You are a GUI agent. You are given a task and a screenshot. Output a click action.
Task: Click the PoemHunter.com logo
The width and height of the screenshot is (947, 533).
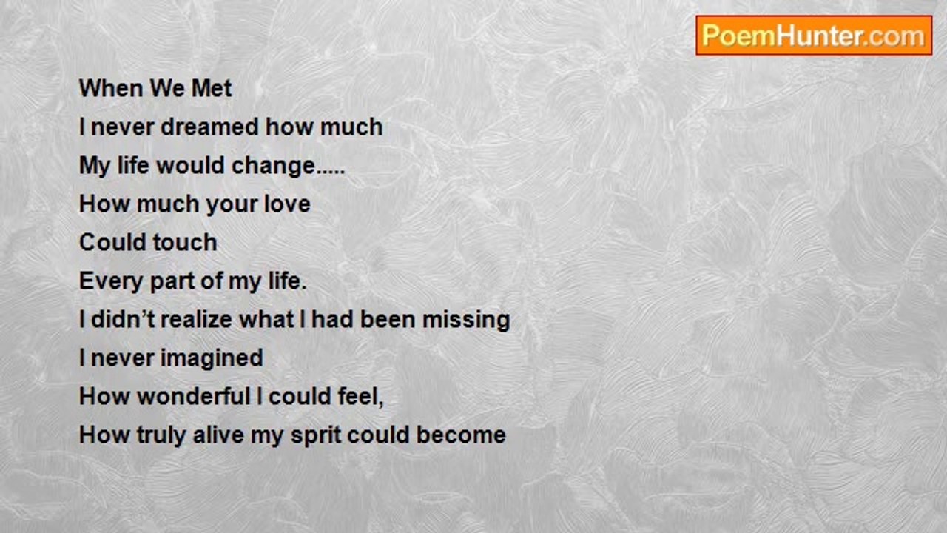point(814,36)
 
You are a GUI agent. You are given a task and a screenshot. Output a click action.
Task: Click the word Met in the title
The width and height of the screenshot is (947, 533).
point(212,88)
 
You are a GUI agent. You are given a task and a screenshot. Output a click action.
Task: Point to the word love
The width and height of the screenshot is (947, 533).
point(287,204)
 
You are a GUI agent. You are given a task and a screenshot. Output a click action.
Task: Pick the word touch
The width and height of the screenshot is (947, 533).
point(185,242)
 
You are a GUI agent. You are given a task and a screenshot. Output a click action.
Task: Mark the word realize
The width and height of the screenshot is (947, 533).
point(197,319)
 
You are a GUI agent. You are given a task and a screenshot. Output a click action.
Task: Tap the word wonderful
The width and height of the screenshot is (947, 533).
point(194,396)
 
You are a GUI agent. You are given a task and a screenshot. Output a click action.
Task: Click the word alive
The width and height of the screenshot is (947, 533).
point(218,435)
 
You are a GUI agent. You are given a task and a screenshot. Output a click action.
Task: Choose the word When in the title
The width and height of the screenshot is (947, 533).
point(111,88)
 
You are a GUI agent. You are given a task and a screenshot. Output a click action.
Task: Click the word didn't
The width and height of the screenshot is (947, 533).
point(122,319)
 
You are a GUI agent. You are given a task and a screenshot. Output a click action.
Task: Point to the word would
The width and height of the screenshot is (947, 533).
point(190,165)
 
